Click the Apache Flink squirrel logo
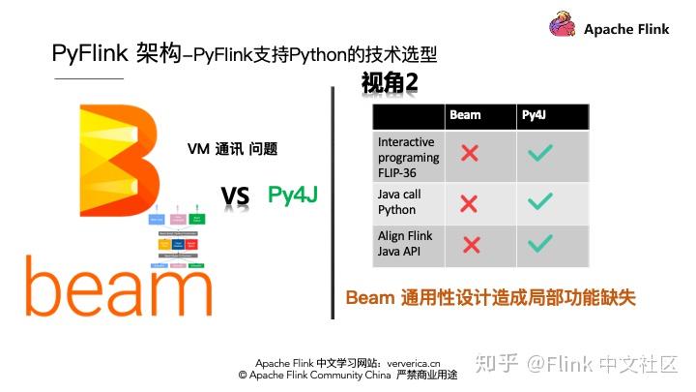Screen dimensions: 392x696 coord(563,26)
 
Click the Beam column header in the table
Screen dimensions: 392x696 coord(465,116)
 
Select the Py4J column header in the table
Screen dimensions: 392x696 coord(534,116)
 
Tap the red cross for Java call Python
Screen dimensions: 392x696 coord(470,203)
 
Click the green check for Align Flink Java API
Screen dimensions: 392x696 coord(539,245)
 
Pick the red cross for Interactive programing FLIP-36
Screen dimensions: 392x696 coord(470,153)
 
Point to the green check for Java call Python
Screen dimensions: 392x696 coord(539,202)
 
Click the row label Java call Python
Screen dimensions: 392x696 coord(399,202)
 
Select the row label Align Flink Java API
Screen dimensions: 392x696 coord(405,244)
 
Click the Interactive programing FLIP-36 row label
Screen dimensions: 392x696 coord(408,157)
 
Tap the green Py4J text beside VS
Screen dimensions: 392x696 coord(293,195)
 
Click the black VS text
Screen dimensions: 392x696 coord(235,198)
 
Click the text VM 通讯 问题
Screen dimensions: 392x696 coord(232,149)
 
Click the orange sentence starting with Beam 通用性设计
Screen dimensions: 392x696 coord(491,297)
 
